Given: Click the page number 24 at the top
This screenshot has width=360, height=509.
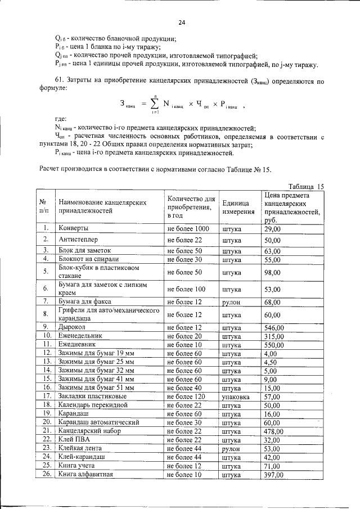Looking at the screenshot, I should tap(182, 22).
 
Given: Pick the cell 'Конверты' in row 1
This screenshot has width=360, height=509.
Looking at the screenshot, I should tap(74, 228).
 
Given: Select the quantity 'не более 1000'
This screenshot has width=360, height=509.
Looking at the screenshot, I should tap(188, 228).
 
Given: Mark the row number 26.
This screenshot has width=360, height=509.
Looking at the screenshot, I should tap(43, 474).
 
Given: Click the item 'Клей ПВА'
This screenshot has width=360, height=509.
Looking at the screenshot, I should tap(74, 439).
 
